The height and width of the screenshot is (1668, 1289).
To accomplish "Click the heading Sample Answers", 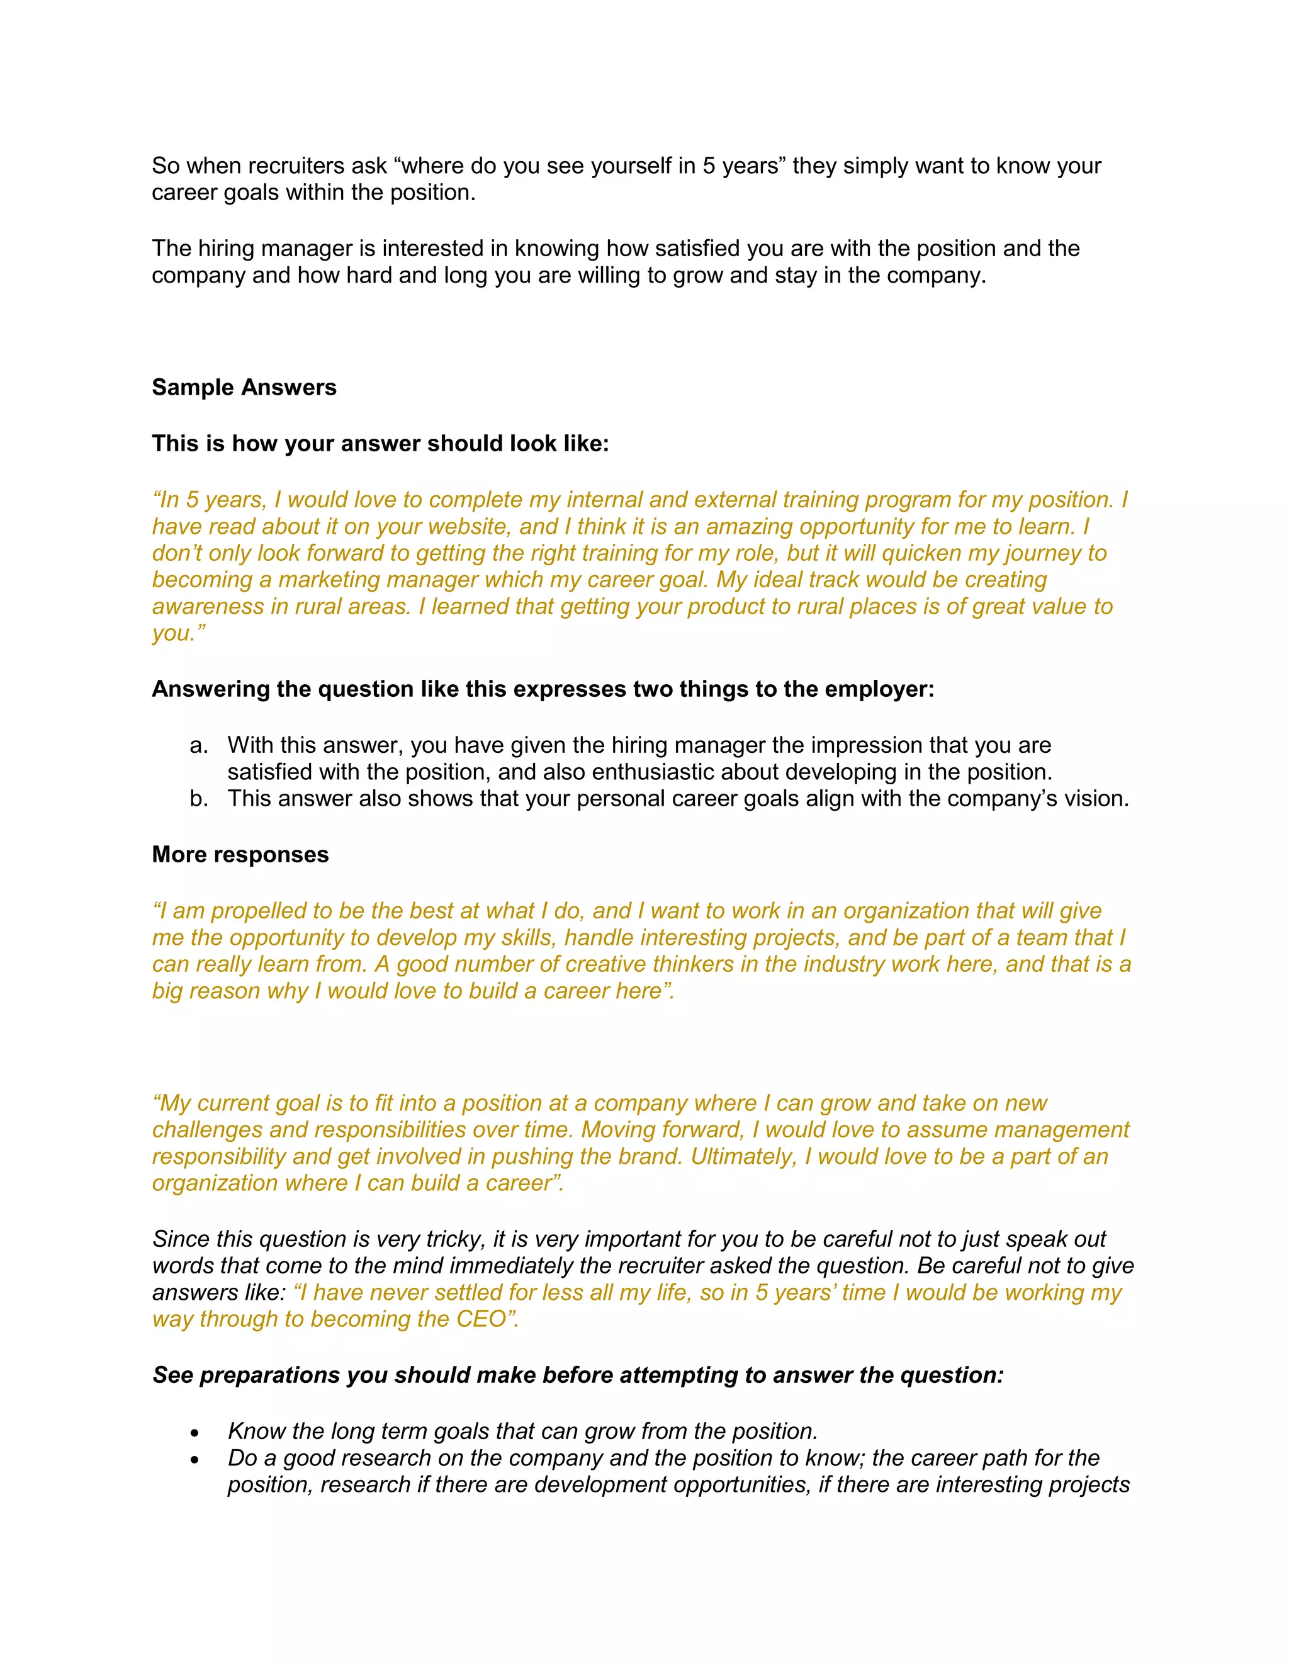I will (x=244, y=387).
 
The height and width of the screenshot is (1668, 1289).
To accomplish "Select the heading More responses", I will (x=240, y=854).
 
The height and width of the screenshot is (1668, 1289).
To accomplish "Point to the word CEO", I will (x=481, y=1319).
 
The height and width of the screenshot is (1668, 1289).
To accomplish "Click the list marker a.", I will (x=198, y=745).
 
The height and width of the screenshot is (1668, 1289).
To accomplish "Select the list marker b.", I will (x=198, y=799).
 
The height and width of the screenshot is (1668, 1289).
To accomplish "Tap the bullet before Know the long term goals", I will (x=196, y=1433).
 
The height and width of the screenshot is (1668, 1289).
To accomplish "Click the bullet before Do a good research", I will (x=196, y=1460).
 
